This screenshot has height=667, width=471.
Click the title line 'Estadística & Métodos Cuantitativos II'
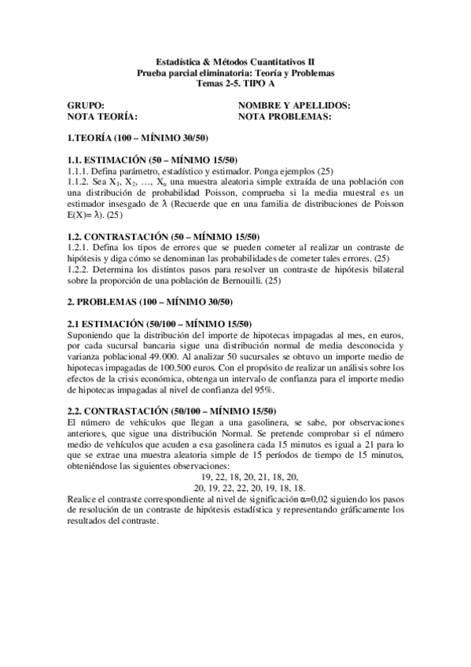pos(236,61)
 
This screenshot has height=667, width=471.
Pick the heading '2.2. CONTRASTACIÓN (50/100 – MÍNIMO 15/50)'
pos(171,411)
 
